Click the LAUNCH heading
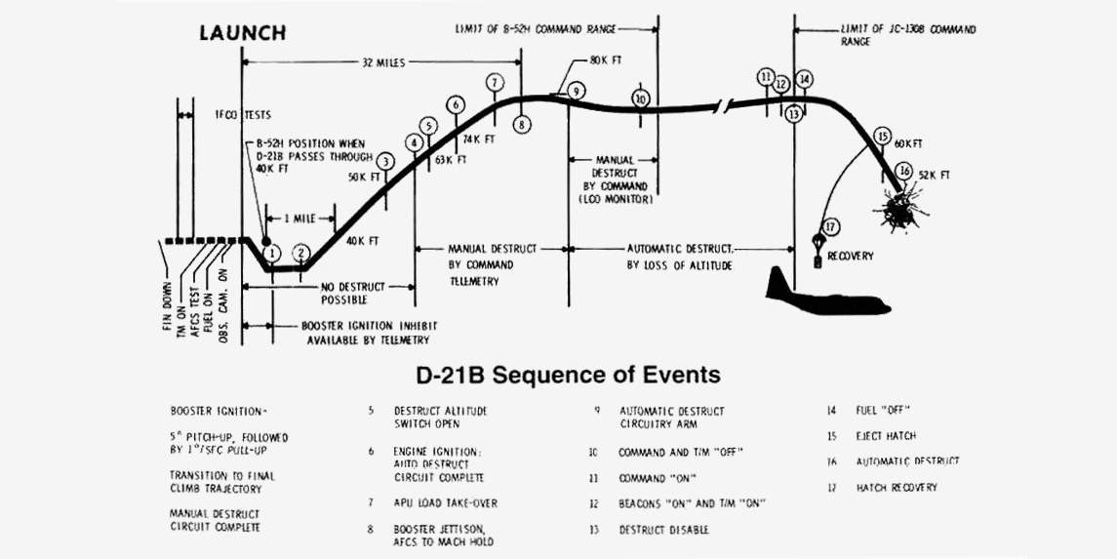pyautogui.click(x=242, y=33)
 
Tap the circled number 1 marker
pyautogui.click(x=273, y=254)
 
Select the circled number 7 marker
pyautogui.click(x=496, y=82)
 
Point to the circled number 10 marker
pyautogui.click(x=641, y=99)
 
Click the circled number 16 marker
pyautogui.click(x=905, y=171)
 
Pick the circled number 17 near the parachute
pyautogui.click(x=831, y=226)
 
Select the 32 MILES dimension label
pyautogui.click(x=381, y=61)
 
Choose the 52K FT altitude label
pyautogui.click(x=935, y=175)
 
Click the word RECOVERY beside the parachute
pyautogui.click(x=851, y=257)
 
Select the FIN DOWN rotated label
pyautogui.click(x=167, y=305)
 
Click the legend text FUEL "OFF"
pyautogui.click(x=882, y=411)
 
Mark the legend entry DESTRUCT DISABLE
pyautogui.click(x=663, y=530)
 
